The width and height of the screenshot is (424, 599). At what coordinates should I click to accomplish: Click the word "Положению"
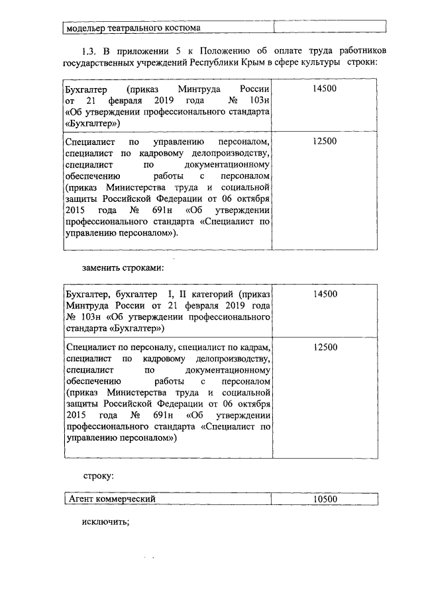(x=229, y=51)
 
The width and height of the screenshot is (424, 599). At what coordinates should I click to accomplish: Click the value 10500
(x=325, y=499)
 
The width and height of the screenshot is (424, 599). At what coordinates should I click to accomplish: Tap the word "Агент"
(x=81, y=499)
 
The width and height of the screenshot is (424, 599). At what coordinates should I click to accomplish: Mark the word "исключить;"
(x=105, y=522)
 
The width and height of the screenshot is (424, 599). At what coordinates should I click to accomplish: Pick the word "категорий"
(x=215, y=294)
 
